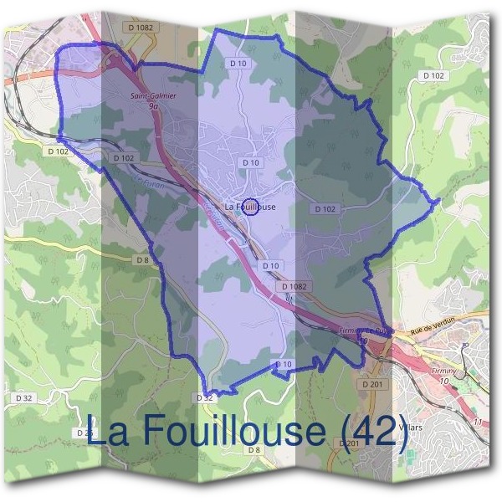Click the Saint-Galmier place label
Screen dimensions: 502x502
coord(153,96)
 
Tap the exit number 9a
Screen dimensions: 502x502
coord(152,106)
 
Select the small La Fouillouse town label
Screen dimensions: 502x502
coord(250,207)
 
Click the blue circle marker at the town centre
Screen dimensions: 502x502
coord(249,207)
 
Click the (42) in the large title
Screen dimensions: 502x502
coord(375,431)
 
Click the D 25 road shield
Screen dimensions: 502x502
coord(85,433)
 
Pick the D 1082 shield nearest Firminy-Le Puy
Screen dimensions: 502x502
coord(295,286)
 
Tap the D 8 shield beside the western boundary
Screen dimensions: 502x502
coord(142,260)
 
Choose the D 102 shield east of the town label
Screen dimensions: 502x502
coord(325,208)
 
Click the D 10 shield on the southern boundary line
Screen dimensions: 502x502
coord(284,364)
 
